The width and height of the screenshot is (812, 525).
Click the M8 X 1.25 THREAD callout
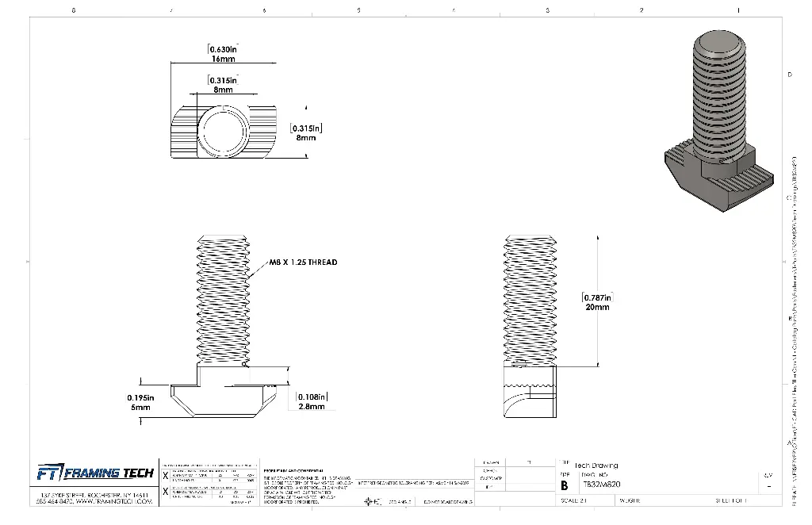(303, 262)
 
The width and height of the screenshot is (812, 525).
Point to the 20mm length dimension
(597, 308)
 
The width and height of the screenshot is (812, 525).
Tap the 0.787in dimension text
(597, 297)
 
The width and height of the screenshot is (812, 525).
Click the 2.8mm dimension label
(311, 407)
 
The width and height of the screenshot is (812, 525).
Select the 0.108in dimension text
(311, 397)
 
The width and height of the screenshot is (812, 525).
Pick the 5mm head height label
(140, 408)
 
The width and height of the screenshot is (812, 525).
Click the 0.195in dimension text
(140, 397)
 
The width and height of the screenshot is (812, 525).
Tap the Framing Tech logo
(95, 473)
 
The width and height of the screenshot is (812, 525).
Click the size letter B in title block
(565, 485)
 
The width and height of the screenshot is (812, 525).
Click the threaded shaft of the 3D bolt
(718, 95)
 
